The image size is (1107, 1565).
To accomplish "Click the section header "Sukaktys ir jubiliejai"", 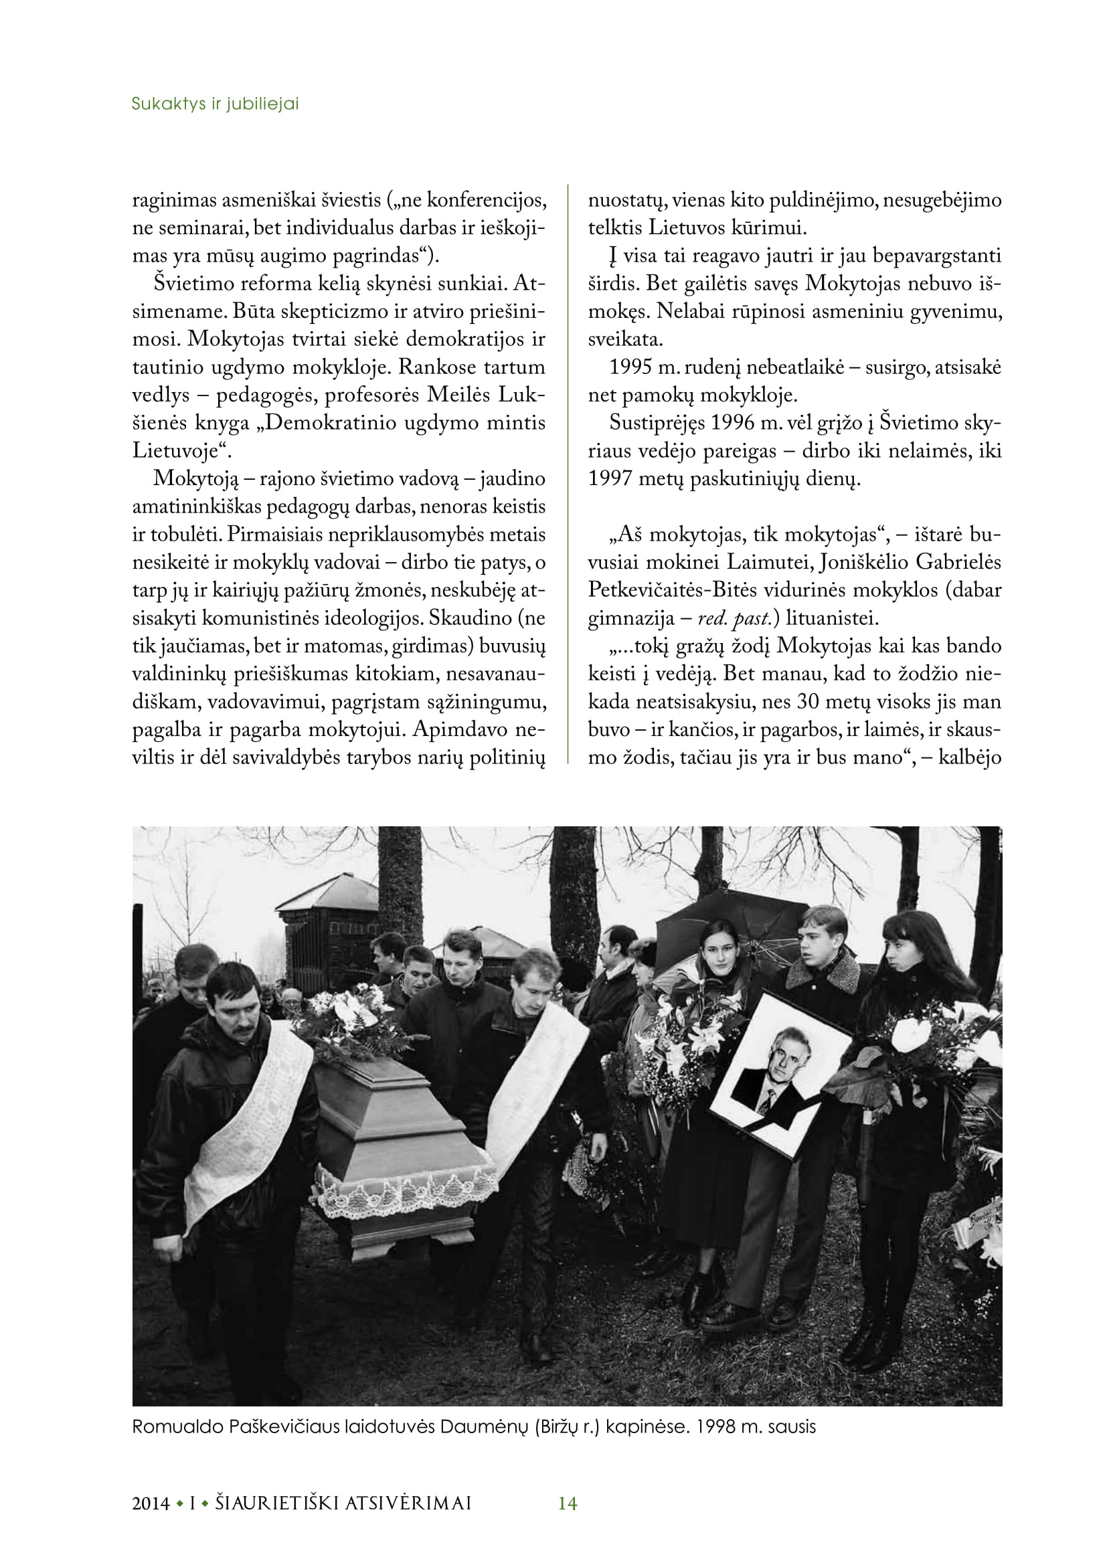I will [215, 104].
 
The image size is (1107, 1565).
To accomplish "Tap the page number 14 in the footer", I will [567, 1503].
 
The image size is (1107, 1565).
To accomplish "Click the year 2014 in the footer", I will [151, 1503].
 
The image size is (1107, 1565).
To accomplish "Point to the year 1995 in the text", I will [630, 367].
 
